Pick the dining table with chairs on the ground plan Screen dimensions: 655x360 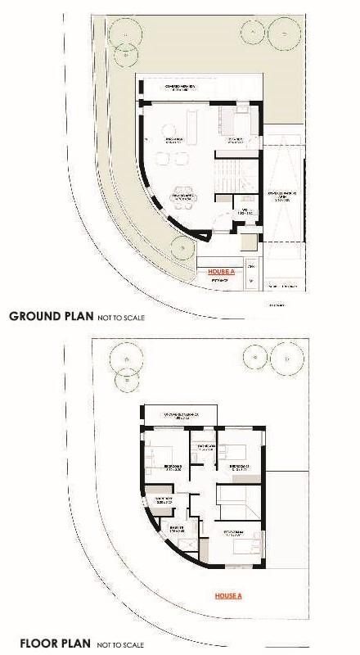coord(182,196)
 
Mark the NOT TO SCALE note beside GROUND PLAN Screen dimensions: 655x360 coord(120,316)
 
